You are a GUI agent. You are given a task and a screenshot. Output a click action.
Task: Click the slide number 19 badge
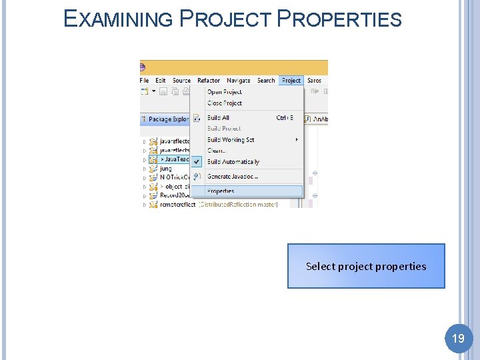[458, 339]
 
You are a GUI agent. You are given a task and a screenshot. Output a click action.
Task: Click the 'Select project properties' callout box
[366, 266]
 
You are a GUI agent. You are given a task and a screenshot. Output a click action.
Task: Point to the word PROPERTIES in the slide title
[339, 19]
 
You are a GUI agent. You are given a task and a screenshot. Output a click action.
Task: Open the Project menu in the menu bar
[291, 81]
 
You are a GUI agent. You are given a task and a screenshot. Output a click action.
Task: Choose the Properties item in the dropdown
[221, 191]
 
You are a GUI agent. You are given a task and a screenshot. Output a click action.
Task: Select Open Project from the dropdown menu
[225, 92]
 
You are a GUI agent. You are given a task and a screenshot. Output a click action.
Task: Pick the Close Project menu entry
[225, 103]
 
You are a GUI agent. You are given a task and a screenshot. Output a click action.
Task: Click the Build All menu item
[218, 118]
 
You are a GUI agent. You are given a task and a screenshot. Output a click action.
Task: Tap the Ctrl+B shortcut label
[285, 118]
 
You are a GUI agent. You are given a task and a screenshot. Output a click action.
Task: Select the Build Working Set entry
[231, 140]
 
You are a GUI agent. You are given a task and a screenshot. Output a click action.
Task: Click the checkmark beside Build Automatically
[197, 162]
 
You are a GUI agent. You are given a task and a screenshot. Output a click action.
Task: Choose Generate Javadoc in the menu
[232, 177]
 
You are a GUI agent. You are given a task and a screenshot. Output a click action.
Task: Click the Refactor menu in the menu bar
[209, 81]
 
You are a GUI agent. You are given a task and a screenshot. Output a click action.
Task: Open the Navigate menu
[239, 81]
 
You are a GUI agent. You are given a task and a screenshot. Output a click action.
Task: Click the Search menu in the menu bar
[266, 81]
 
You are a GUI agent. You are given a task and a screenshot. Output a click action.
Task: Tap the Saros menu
[315, 81]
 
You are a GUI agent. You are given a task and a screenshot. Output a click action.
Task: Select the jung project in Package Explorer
[166, 169]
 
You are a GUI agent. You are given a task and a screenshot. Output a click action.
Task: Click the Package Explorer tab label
[168, 119]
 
